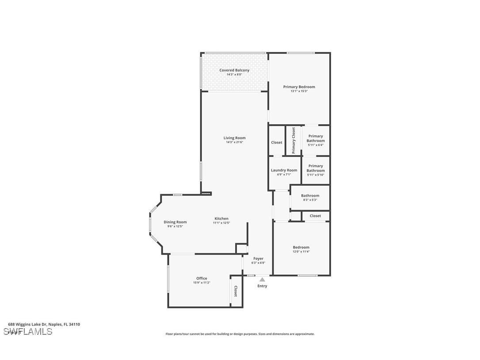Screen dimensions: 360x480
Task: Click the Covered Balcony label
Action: (x=234, y=70)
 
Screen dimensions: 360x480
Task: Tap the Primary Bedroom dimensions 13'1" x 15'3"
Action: (x=299, y=92)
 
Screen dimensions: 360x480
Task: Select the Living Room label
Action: (x=234, y=138)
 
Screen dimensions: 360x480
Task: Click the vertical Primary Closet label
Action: (x=293, y=141)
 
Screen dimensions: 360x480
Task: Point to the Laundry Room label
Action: (x=284, y=170)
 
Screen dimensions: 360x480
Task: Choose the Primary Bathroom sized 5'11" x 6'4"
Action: (x=316, y=140)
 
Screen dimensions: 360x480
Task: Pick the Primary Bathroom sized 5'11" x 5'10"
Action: (x=316, y=170)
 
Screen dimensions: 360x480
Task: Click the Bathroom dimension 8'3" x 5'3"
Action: (x=310, y=200)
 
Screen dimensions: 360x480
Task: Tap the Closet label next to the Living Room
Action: (x=277, y=142)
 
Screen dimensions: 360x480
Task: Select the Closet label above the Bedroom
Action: (x=315, y=216)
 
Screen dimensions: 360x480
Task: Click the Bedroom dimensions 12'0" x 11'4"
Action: (x=301, y=252)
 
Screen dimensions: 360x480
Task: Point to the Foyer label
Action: (x=258, y=259)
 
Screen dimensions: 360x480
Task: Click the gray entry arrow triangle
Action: (x=262, y=280)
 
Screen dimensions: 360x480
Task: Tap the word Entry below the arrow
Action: (x=262, y=286)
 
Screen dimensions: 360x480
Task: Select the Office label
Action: (x=202, y=279)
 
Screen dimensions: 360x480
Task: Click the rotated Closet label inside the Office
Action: (x=236, y=291)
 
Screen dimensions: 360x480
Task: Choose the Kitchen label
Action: (x=221, y=218)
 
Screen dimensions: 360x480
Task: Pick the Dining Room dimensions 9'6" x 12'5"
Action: (x=175, y=226)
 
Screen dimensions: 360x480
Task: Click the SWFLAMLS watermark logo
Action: (x=28, y=332)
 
